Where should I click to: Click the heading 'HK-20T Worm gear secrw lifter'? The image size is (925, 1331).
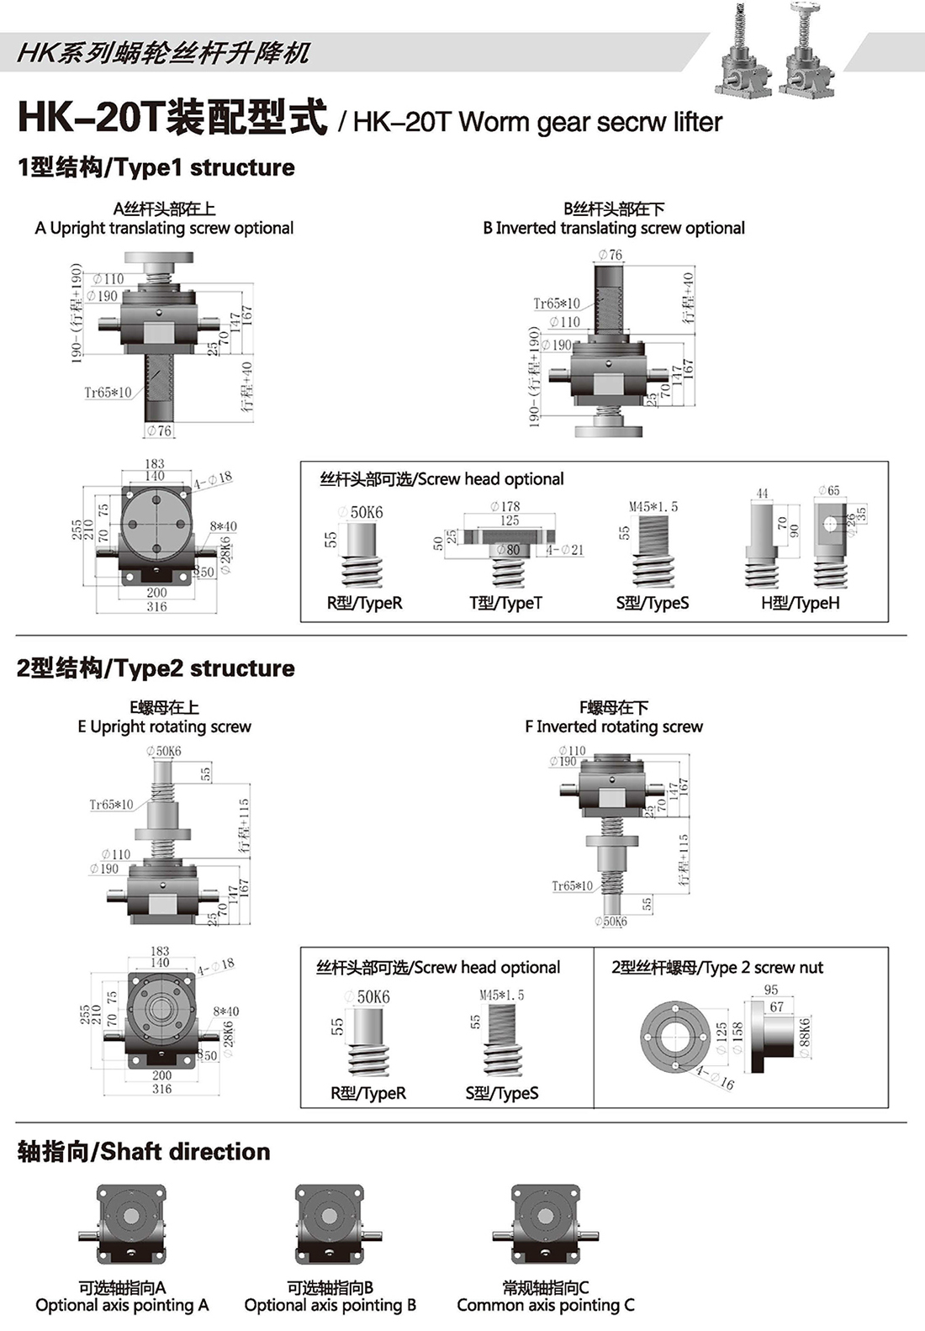tap(537, 122)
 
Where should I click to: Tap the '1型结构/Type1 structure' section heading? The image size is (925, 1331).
tap(156, 167)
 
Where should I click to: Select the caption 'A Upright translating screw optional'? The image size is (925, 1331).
tap(164, 228)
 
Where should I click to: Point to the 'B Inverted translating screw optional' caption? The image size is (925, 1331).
tap(614, 228)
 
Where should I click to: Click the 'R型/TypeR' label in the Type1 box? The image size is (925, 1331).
tap(364, 603)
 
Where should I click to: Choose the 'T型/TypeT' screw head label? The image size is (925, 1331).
tap(505, 603)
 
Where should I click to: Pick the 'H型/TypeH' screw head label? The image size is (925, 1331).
tap(800, 603)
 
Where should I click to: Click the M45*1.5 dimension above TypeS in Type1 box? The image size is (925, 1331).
tap(653, 507)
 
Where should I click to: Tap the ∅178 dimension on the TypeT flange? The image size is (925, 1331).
tap(505, 506)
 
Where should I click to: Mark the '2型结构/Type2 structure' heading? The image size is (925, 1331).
tap(156, 668)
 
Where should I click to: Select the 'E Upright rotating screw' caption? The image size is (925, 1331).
tap(164, 726)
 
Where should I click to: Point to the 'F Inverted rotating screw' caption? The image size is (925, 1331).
tap(614, 726)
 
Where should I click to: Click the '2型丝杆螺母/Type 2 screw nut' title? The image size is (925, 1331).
tap(717, 968)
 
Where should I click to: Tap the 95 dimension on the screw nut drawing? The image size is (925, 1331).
tap(771, 990)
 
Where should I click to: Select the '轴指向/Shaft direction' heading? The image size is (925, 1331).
tap(144, 1152)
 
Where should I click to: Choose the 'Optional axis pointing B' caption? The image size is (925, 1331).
tap(330, 1305)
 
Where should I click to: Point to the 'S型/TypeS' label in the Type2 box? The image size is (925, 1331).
tap(502, 1093)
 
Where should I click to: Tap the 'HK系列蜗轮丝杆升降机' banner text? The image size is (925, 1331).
tap(163, 53)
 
